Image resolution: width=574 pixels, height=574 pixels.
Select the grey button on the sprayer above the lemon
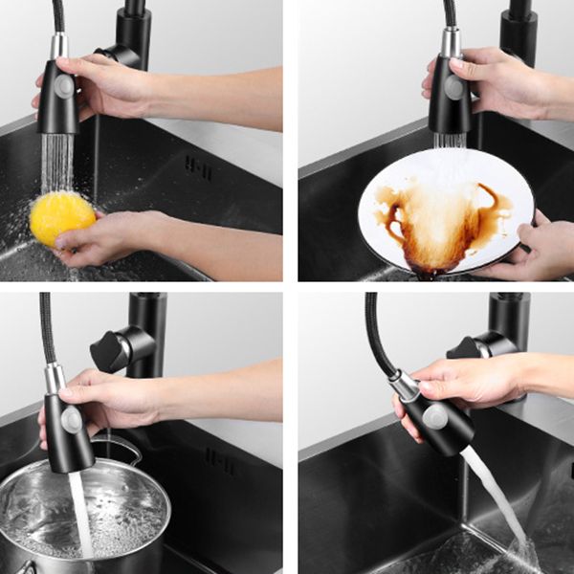[65, 85]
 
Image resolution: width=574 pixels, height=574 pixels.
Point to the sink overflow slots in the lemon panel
[198, 167]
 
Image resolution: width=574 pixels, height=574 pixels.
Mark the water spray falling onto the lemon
[56, 163]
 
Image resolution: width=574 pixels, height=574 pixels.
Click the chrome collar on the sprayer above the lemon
[59, 46]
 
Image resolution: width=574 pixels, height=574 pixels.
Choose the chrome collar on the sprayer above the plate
[450, 42]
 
